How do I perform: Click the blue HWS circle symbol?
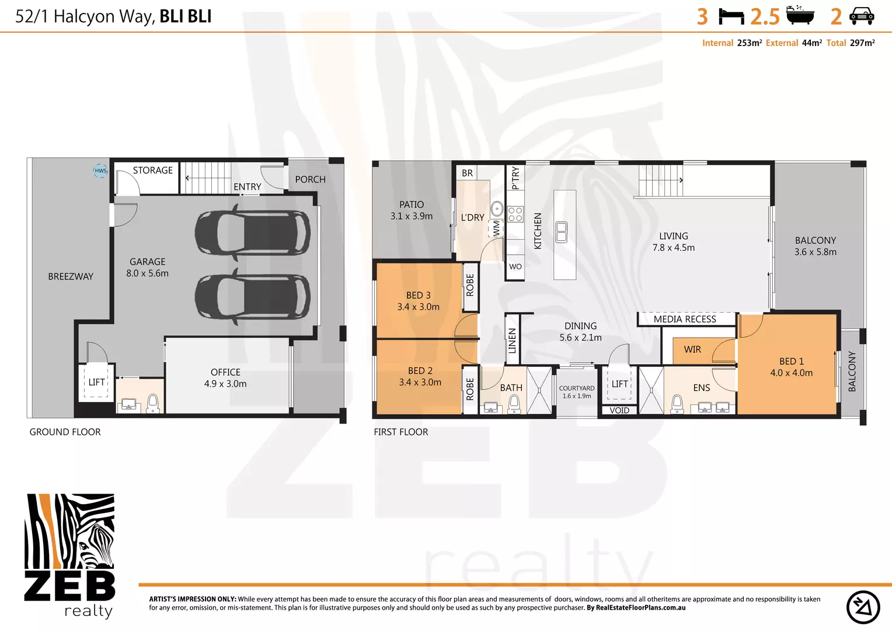[x=100, y=171]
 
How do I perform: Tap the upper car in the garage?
[x=252, y=233]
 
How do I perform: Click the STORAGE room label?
[x=152, y=170]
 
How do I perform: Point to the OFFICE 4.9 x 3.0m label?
[x=225, y=378]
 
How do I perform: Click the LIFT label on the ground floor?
[x=96, y=382]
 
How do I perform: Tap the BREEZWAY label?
[x=71, y=276]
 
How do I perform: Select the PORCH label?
[x=310, y=180]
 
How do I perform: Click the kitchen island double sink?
[x=562, y=232]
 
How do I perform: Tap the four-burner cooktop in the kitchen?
[x=515, y=214]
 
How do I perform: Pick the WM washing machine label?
[x=496, y=228]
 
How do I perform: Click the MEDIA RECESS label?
[x=685, y=319]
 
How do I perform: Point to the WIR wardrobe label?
[x=692, y=349]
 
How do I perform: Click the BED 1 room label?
[x=791, y=367]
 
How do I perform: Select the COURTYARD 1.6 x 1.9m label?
[x=577, y=392]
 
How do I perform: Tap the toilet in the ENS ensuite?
[x=677, y=403]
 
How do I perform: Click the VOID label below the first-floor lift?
[x=619, y=411]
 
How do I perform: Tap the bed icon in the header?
[x=731, y=16]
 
